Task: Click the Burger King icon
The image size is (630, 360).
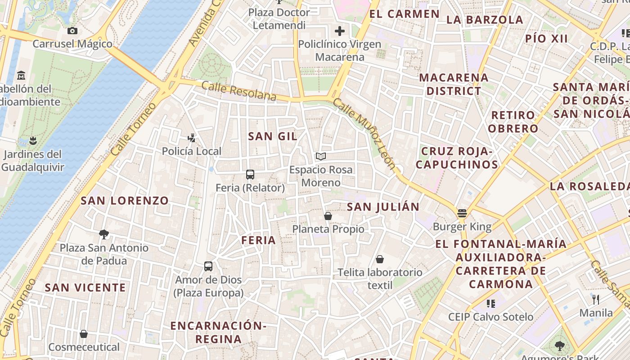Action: [x=462, y=213]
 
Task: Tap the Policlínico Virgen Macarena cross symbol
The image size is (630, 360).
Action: [x=340, y=31]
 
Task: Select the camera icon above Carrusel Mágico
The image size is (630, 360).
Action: [x=72, y=31]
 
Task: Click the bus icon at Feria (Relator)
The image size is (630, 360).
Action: [x=250, y=174]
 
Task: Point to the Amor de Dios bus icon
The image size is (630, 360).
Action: [x=208, y=266]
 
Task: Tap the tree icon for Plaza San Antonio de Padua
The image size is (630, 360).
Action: [x=104, y=234]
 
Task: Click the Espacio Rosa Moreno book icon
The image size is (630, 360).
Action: [x=321, y=156]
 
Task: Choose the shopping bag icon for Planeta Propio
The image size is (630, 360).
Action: [x=328, y=216]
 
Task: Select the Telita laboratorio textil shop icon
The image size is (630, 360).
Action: [x=380, y=259]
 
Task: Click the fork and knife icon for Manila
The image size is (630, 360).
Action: [x=596, y=299]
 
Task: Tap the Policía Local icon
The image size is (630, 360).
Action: [x=192, y=138]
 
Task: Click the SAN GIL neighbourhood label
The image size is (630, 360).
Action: [x=273, y=136]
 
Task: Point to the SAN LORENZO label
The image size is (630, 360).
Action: [x=125, y=201]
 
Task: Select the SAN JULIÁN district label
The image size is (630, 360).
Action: [x=383, y=207]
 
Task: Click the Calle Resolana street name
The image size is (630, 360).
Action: [x=238, y=91]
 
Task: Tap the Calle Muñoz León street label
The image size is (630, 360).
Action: [x=364, y=134]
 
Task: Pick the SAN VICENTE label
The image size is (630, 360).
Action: [x=85, y=287]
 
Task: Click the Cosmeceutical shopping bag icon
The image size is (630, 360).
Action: [x=84, y=334]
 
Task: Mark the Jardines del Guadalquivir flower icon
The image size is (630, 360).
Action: [x=32, y=140]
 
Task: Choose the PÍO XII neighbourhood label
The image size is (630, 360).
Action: [x=547, y=39]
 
